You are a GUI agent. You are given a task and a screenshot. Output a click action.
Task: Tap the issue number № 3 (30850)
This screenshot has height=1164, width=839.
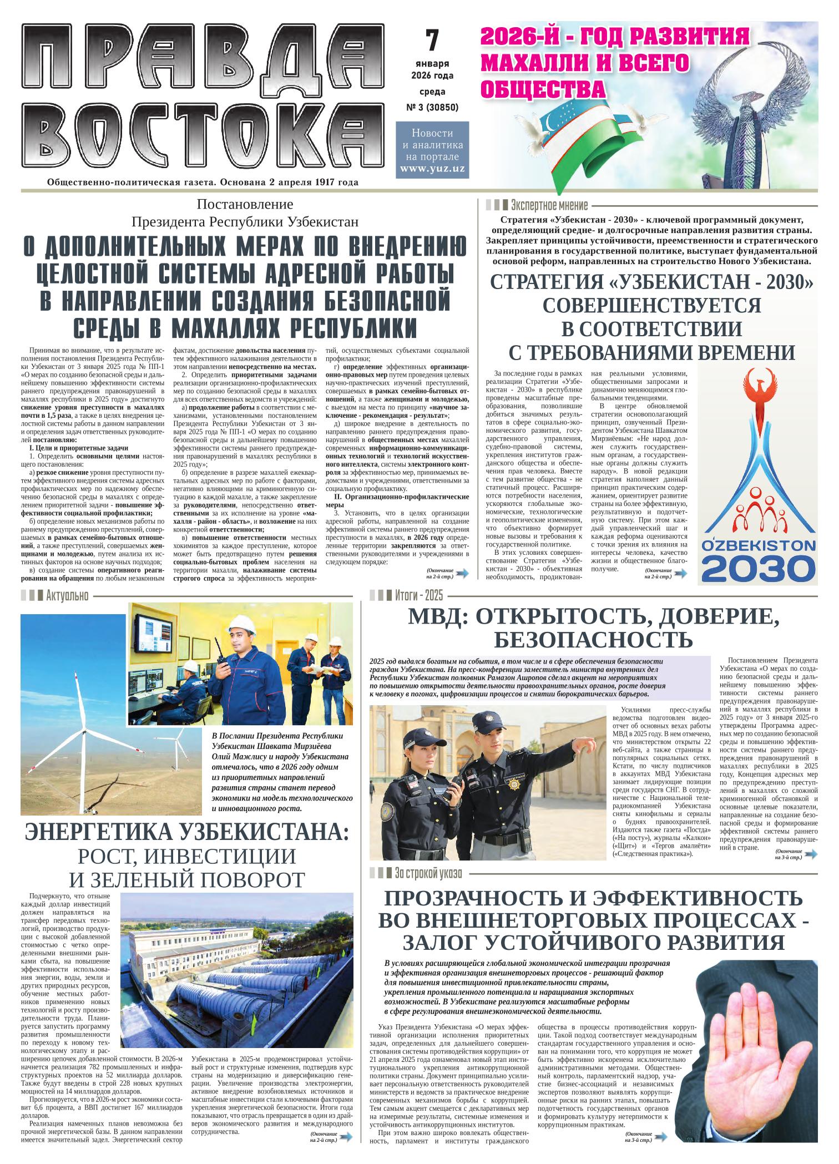pos(432,107)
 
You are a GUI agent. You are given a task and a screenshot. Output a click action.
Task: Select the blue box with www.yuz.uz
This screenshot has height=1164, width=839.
pos(432,150)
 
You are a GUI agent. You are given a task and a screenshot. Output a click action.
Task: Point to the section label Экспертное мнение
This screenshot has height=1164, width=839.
pos(549,205)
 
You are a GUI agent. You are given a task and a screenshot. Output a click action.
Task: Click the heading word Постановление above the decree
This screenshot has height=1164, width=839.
pos(245,204)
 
